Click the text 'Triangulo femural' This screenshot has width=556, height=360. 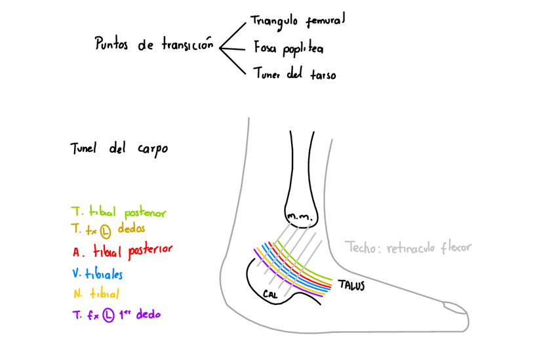click(x=298, y=21)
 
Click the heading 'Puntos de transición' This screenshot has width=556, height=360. click(x=155, y=45)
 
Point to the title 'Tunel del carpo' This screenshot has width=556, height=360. click(x=119, y=149)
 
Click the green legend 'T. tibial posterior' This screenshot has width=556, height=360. click(x=119, y=213)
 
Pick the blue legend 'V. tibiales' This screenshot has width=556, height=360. click(x=98, y=273)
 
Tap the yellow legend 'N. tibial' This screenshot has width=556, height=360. click(x=96, y=294)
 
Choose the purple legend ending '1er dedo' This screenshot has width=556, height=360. click(x=117, y=315)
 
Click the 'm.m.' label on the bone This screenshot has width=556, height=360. click(x=300, y=216)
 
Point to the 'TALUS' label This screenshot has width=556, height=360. click(x=351, y=286)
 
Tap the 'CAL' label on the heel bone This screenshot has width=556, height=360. click(x=269, y=294)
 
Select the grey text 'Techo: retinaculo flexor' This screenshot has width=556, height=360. click(x=408, y=248)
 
